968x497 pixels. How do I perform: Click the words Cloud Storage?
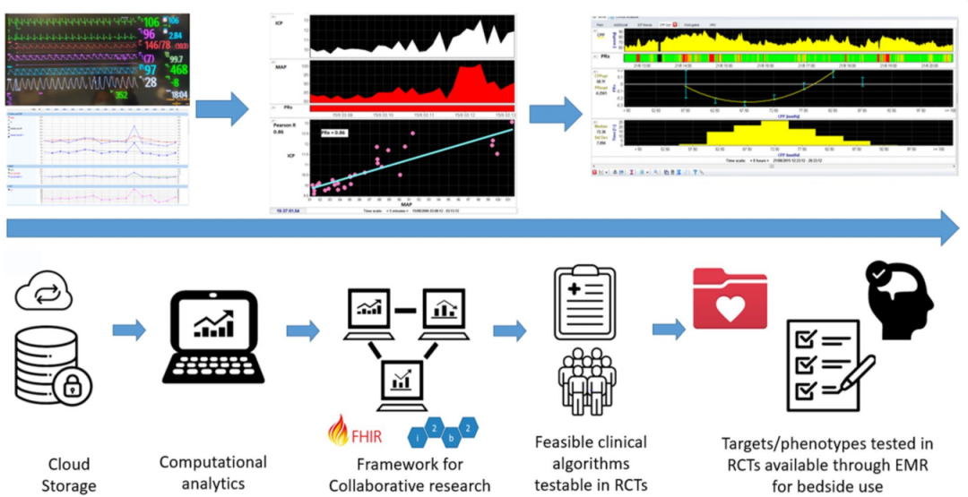point(68,475)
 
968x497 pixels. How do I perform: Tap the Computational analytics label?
point(212,473)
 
